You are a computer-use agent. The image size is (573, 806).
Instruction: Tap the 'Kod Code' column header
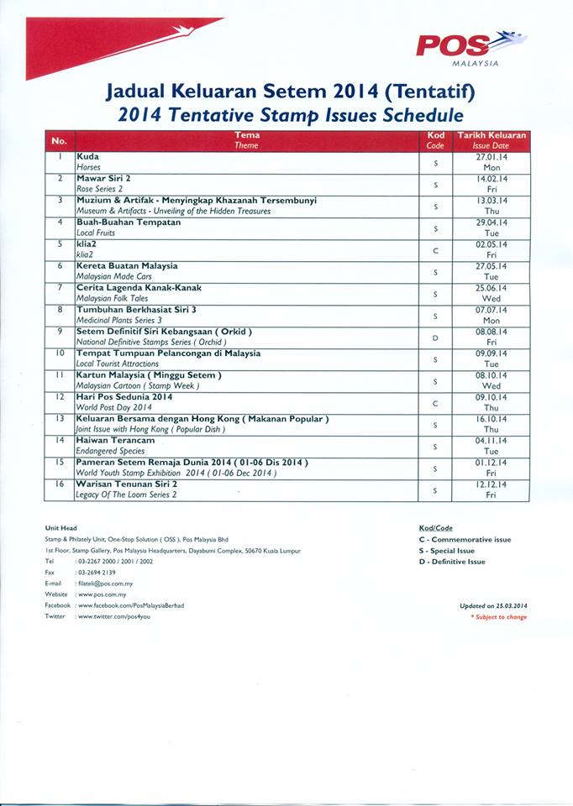(435, 140)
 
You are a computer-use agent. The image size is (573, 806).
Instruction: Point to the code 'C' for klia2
(435, 249)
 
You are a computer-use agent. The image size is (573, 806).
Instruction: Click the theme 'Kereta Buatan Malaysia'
(127, 266)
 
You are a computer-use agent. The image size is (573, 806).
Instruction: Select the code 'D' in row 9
(435, 337)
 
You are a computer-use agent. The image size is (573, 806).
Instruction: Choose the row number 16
(59, 485)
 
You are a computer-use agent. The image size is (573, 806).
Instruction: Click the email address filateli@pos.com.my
(105, 583)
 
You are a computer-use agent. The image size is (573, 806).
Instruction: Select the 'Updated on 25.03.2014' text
(493, 605)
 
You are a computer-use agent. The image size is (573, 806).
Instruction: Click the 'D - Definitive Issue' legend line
(451, 562)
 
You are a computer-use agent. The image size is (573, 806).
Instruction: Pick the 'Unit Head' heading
(61, 527)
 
